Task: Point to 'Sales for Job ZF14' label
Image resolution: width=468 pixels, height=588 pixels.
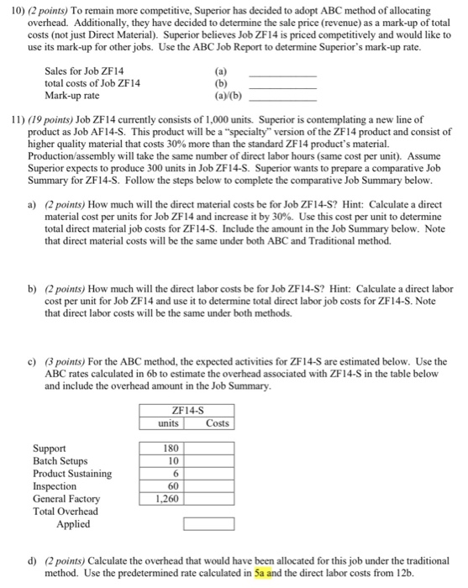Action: point(82,73)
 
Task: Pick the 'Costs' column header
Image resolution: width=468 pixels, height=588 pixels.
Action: point(217,422)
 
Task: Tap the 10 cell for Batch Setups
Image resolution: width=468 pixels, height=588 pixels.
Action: point(173,461)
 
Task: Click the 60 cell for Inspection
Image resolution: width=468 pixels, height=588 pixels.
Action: point(173,486)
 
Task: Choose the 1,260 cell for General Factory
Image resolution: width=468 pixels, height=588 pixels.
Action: point(168,498)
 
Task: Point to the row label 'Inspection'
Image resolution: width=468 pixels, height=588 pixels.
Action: point(55,486)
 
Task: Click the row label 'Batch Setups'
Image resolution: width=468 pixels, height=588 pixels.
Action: point(60,461)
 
